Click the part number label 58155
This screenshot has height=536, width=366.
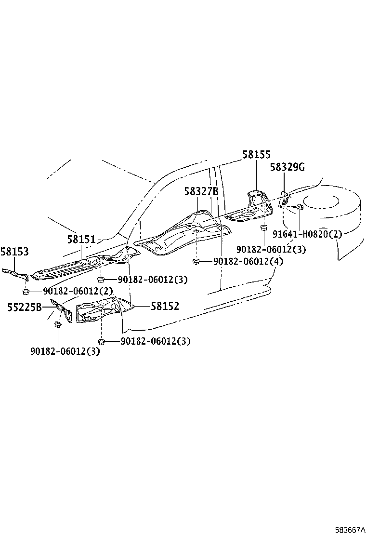256,155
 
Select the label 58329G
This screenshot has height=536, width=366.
288,167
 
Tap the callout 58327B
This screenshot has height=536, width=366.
201,191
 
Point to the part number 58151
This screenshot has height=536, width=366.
81,239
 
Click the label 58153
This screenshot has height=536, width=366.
14,252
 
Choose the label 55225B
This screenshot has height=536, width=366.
25,308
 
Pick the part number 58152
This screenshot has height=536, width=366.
165,306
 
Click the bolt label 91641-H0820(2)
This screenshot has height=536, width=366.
307,234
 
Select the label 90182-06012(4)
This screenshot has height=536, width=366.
248,262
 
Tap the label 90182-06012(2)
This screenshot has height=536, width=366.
78,291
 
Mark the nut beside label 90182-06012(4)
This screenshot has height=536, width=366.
196,262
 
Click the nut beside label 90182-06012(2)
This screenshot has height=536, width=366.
25,292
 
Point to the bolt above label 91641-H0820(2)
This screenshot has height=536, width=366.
299,206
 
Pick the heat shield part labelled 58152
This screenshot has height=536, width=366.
104,309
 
